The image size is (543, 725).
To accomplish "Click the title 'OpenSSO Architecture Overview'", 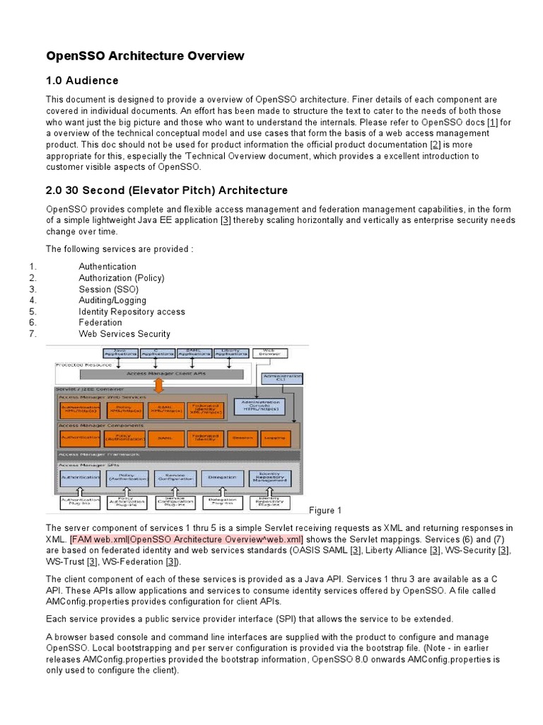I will (145, 55).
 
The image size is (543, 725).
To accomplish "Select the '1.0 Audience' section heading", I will (82, 80).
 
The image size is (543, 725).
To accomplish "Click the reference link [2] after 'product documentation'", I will (435, 144).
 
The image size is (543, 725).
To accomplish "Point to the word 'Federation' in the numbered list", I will (100, 323).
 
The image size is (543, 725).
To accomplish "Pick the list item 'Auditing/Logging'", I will (113, 300).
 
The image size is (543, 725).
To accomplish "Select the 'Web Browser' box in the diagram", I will (269, 351).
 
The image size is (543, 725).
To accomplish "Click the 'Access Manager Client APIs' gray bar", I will (162, 373).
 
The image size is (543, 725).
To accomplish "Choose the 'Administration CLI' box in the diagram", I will (281, 377).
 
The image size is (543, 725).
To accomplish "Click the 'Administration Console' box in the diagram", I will (262, 406).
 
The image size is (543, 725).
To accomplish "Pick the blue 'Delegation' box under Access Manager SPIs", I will (223, 479).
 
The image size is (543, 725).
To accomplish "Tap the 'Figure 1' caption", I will (325, 510).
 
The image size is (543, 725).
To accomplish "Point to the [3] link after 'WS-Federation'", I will (171, 562).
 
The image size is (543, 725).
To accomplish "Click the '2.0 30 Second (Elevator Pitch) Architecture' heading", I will (167, 190).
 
